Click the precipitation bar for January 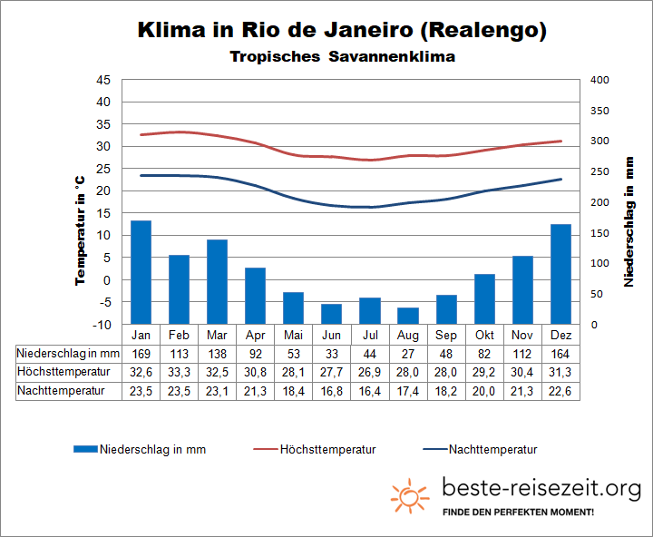(141, 272)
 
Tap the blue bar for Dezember (560, 274)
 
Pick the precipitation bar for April (255, 296)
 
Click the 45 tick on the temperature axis (102, 80)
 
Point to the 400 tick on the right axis (601, 80)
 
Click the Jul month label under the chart (369, 334)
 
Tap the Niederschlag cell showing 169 (141, 353)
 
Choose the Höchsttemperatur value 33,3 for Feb (179, 372)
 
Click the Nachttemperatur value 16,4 (369, 391)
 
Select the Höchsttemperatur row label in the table (63, 372)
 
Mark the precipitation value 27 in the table (408, 353)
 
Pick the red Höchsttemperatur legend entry (314, 449)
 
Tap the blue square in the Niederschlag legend (84, 449)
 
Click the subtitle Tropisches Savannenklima (342, 56)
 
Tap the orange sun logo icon (410, 495)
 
